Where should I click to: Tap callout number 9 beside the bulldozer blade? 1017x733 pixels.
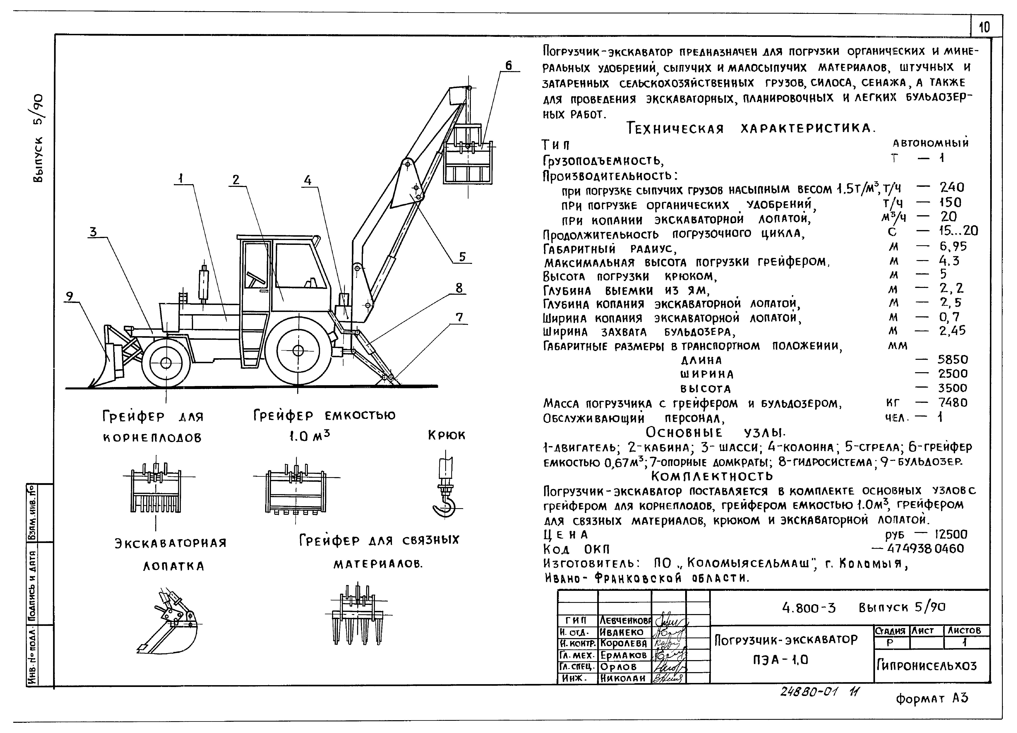click(x=69, y=296)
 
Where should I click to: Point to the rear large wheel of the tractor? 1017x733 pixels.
click(x=298, y=350)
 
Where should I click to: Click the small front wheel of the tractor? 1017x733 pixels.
click(x=165, y=362)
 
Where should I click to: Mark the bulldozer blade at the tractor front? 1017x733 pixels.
click(x=108, y=363)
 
